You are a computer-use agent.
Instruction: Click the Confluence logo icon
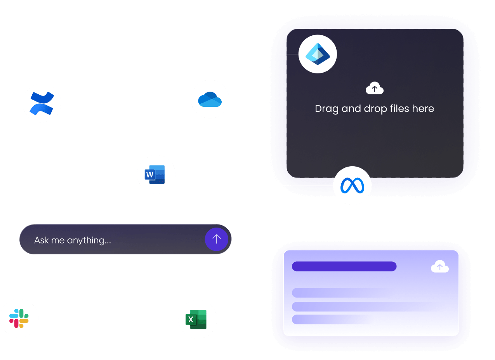(42, 103)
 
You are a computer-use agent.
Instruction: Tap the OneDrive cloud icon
(210, 99)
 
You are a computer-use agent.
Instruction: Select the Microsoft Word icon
(156, 174)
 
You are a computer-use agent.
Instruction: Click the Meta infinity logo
(352, 186)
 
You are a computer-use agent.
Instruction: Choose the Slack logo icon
(19, 318)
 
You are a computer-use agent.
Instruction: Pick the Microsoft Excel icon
(198, 319)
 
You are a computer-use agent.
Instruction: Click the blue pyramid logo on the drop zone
(318, 54)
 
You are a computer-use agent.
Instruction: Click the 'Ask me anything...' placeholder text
(73, 240)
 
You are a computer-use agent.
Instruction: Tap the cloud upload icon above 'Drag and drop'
(374, 89)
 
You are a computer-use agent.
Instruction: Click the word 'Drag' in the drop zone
(327, 109)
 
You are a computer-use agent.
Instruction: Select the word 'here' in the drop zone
(423, 108)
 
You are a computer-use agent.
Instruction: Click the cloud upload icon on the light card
(439, 267)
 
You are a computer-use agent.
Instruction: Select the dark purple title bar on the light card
(344, 266)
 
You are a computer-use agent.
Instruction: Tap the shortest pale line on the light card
(330, 319)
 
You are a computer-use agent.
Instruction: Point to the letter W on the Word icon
(150, 174)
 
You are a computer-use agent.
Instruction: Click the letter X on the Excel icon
(191, 320)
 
